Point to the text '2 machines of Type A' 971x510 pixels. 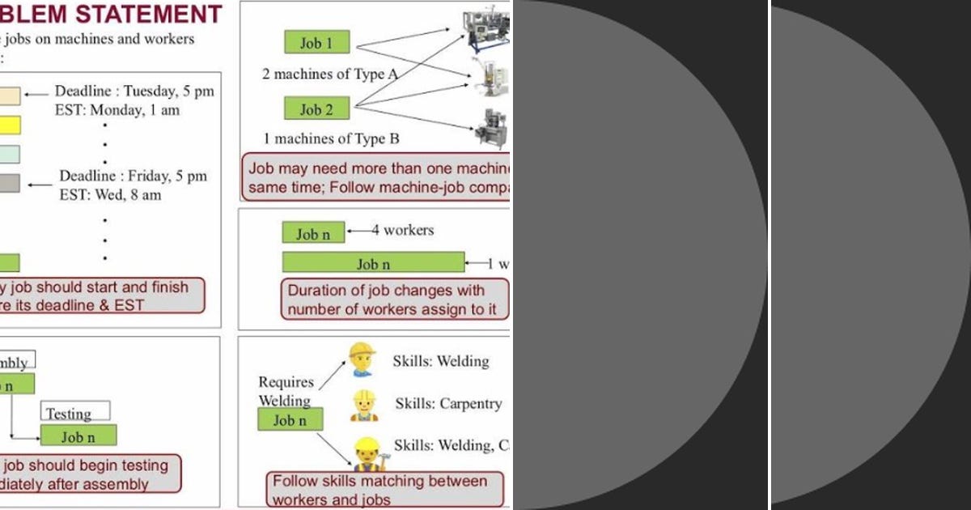(x=330, y=74)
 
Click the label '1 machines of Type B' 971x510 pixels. (x=331, y=138)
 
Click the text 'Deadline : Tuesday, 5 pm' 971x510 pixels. (x=134, y=91)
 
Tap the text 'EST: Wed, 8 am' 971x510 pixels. (x=110, y=195)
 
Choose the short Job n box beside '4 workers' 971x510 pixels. (x=313, y=233)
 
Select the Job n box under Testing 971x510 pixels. (x=78, y=436)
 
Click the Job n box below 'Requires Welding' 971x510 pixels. (x=290, y=419)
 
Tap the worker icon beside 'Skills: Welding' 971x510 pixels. (x=362, y=359)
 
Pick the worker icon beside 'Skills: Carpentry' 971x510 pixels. (x=364, y=405)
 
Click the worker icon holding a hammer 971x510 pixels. (x=368, y=453)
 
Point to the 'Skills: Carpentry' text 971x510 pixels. (x=448, y=404)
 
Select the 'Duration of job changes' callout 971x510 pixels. (x=396, y=300)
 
